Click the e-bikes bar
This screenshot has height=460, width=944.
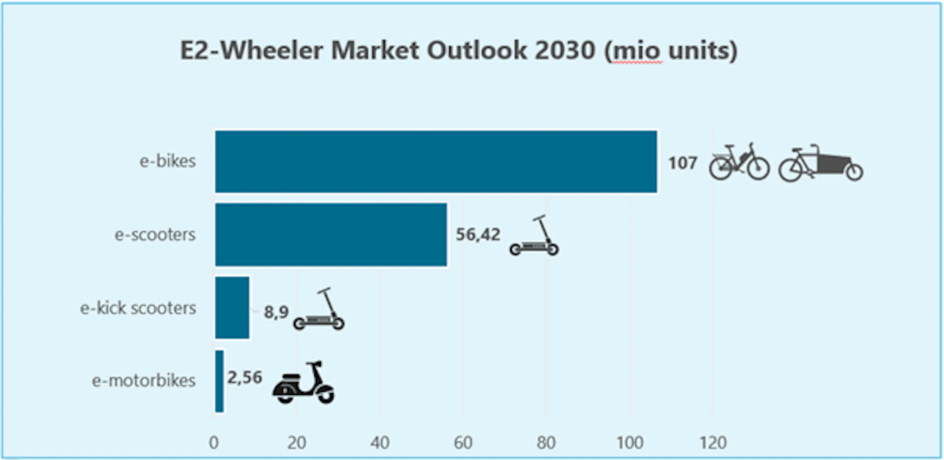[436, 161]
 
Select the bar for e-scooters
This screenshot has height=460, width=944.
[331, 234]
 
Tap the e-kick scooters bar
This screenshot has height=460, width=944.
[232, 308]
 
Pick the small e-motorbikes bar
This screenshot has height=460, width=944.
[219, 381]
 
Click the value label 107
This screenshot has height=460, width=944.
[682, 163]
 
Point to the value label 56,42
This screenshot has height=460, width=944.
[478, 235]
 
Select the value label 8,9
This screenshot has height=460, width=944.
[276, 312]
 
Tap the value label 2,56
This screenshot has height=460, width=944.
[244, 377]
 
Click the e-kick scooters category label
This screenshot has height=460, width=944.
[138, 308]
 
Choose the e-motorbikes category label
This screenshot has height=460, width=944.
[143, 381]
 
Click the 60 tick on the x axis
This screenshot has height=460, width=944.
[463, 442]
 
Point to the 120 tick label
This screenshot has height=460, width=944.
[713, 442]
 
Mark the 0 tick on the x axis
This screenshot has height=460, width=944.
[213, 442]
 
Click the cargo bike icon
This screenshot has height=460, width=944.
[820, 163]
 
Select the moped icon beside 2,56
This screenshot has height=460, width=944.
[304, 382]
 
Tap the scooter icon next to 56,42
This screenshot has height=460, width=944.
[535, 236]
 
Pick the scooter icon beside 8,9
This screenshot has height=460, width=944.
[319, 310]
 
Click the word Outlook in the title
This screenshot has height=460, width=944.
[477, 50]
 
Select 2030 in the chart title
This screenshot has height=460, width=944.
[565, 50]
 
